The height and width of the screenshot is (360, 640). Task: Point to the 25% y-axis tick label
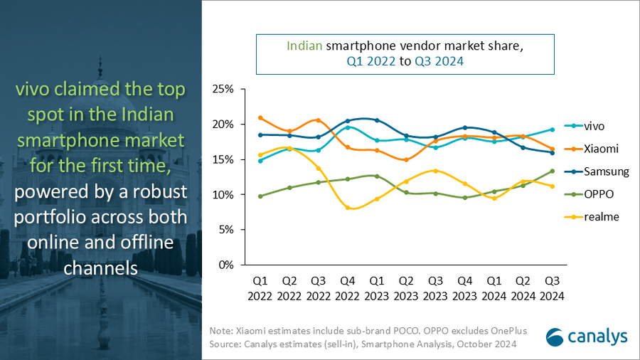(223, 90)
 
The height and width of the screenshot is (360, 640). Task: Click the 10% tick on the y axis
(223, 195)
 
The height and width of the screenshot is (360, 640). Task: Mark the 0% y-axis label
(226, 265)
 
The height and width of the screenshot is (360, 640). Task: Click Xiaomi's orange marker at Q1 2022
(261, 118)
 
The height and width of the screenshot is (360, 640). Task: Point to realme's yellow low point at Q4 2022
(348, 208)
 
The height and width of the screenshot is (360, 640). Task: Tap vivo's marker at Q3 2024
(552, 129)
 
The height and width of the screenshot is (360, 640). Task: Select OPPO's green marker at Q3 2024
(552, 171)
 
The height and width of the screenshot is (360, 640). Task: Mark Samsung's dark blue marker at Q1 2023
(377, 120)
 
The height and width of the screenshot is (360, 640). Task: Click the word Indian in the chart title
(305, 47)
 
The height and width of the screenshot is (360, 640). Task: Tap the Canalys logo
(586, 337)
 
